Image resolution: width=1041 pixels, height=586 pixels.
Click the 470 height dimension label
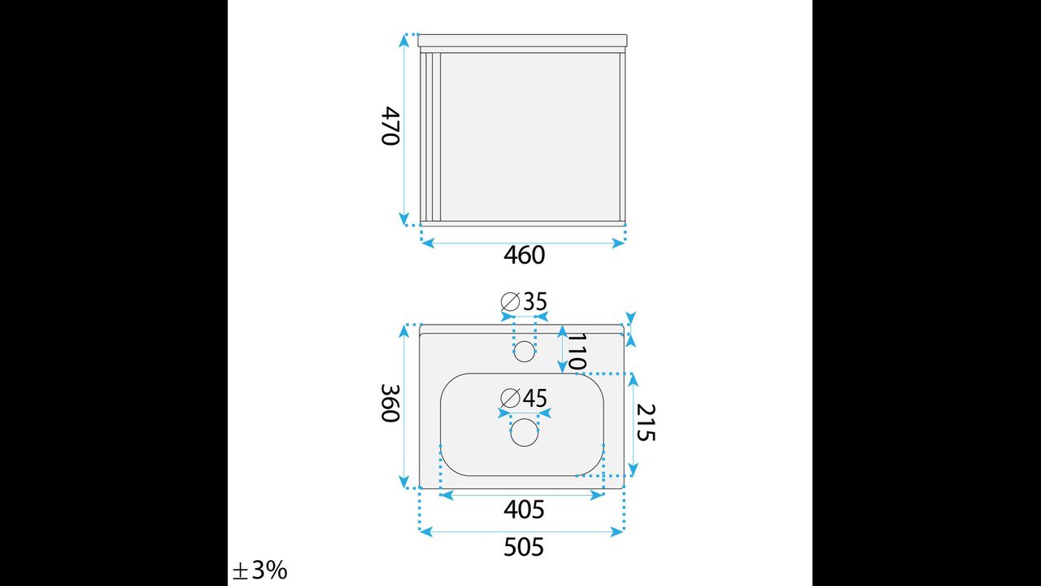pyautogui.click(x=390, y=126)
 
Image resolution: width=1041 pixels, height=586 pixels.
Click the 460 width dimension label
pyautogui.click(x=525, y=256)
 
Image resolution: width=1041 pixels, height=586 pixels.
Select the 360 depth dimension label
pyautogui.click(x=390, y=403)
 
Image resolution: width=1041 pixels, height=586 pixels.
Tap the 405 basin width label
pyautogui.click(x=524, y=509)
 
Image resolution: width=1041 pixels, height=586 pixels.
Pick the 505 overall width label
pyautogui.click(x=524, y=547)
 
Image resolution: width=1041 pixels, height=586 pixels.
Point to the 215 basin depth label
pyautogui.click(x=646, y=422)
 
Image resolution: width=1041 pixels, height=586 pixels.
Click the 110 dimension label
pyautogui.click(x=577, y=352)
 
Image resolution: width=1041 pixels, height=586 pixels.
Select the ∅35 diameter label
pyautogui.click(x=525, y=301)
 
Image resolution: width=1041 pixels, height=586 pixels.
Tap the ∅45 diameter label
pyautogui.click(x=525, y=398)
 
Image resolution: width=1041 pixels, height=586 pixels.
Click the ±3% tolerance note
pyautogui.click(x=260, y=571)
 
